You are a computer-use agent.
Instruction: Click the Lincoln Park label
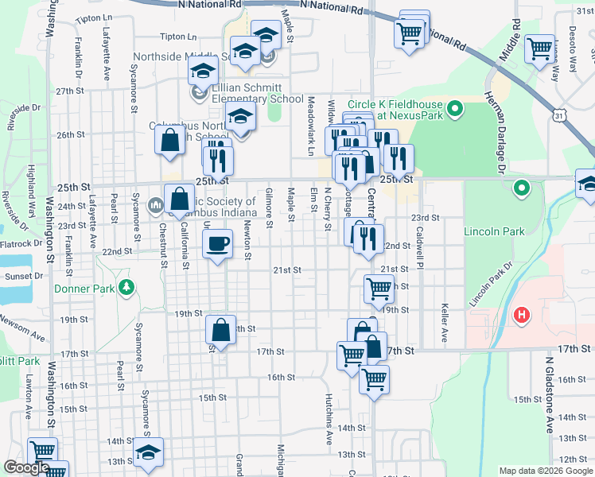tap(494, 231)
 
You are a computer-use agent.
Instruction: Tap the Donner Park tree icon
tap(125, 288)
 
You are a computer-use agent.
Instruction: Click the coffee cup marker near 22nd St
tap(217, 243)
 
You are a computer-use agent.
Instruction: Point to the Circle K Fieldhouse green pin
tap(454, 107)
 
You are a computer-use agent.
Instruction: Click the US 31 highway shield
tap(562, 116)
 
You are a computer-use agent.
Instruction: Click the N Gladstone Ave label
tap(549, 394)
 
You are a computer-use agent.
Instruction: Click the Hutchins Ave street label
tap(329, 417)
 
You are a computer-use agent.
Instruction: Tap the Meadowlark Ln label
tap(311, 126)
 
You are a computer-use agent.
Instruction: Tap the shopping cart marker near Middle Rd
tap(540, 48)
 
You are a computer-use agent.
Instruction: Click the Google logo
tap(25, 467)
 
